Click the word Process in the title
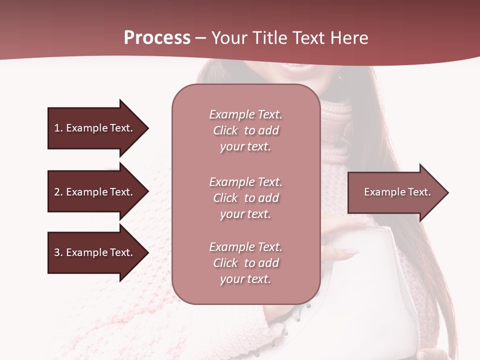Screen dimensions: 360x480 pos(157,38)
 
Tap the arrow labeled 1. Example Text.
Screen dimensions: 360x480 pos(95,128)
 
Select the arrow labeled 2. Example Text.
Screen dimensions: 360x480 pos(95,192)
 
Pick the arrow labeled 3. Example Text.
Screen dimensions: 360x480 pos(95,252)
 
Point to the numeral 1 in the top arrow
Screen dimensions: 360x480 pos(57,128)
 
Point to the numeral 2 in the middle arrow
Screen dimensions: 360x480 pos(57,192)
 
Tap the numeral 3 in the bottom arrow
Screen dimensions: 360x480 pos(57,252)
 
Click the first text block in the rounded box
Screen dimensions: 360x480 pos(245,130)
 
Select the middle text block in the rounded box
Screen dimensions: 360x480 pos(245,197)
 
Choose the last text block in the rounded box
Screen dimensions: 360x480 pos(245,263)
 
